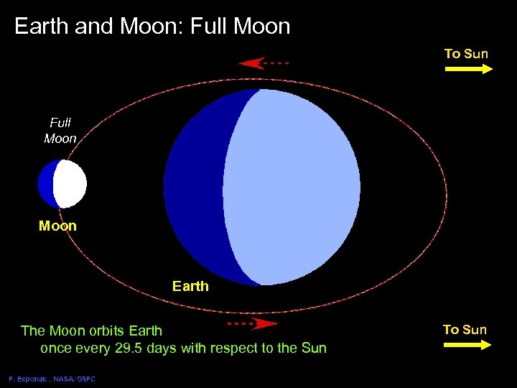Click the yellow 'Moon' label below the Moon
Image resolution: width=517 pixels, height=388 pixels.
point(57,226)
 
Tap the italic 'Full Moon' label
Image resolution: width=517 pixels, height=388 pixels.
point(60,131)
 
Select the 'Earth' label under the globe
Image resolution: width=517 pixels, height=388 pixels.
point(190,286)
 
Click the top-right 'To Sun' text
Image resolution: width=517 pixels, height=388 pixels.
point(466,54)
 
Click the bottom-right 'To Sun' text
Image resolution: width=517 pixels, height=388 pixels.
point(465,330)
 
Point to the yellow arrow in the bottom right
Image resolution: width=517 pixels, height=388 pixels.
point(467,345)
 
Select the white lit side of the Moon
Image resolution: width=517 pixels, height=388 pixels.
point(71,184)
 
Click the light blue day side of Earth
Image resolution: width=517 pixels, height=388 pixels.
point(294,187)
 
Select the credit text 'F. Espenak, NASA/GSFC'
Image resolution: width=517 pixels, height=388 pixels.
point(52,379)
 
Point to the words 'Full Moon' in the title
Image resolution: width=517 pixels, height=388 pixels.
point(244,27)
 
